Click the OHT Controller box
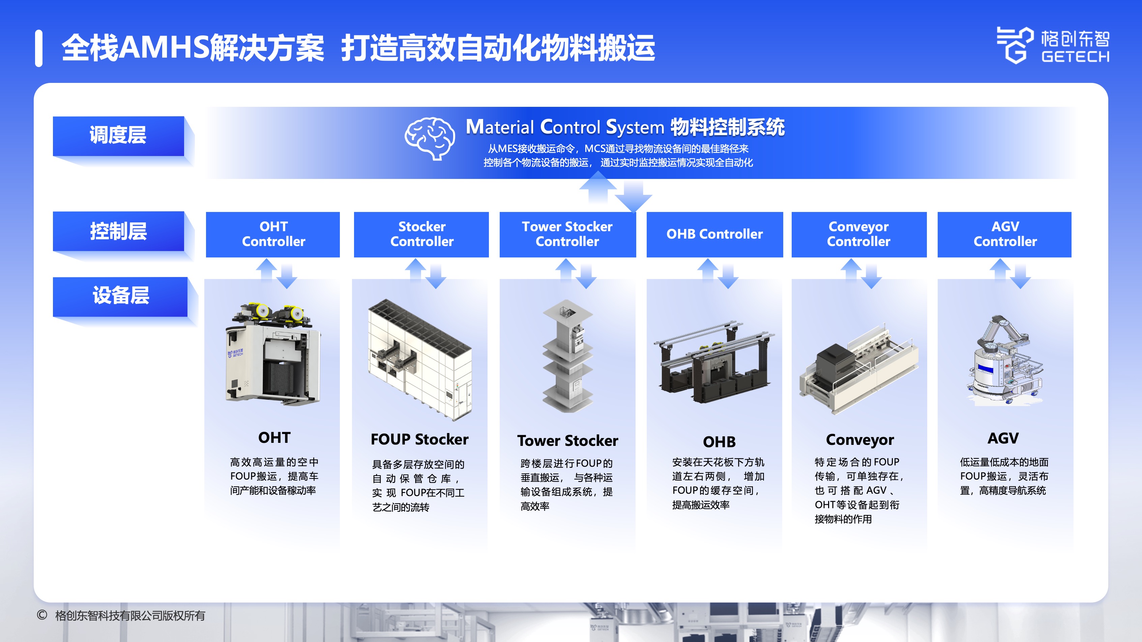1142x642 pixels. pyautogui.click(x=273, y=234)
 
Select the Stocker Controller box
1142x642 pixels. pyautogui.click(x=421, y=234)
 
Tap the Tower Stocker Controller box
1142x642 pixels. pyautogui.click(x=567, y=234)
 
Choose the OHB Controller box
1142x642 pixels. pyautogui.click(x=715, y=234)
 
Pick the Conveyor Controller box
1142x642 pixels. pyautogui.click(x=859, y=234)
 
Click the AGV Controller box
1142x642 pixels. pyautogui.click(x=1004, y=234)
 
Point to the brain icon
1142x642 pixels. pyautogui.click(x=430, y=138)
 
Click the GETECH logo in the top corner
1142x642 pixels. pyautogui.click(x=1053, y=45)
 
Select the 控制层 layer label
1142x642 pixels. pyautogui.click(x=118, y=231)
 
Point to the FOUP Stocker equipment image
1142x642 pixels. pyautogui.click(x=420, y=359)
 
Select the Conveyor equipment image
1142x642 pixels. pyautogui.click(x=859, y=369)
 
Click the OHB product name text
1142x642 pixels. pyautogui.click(x=719, y=442)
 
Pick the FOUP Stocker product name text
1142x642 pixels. pyautogui.click(x=419, y=439)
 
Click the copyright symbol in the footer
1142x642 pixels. pyautogui.click(x=42, y=615)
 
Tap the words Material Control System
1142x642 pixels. pyautogui.click(x=565, y=127)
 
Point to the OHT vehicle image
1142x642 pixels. pyautogui.click(x=273, y=353)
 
